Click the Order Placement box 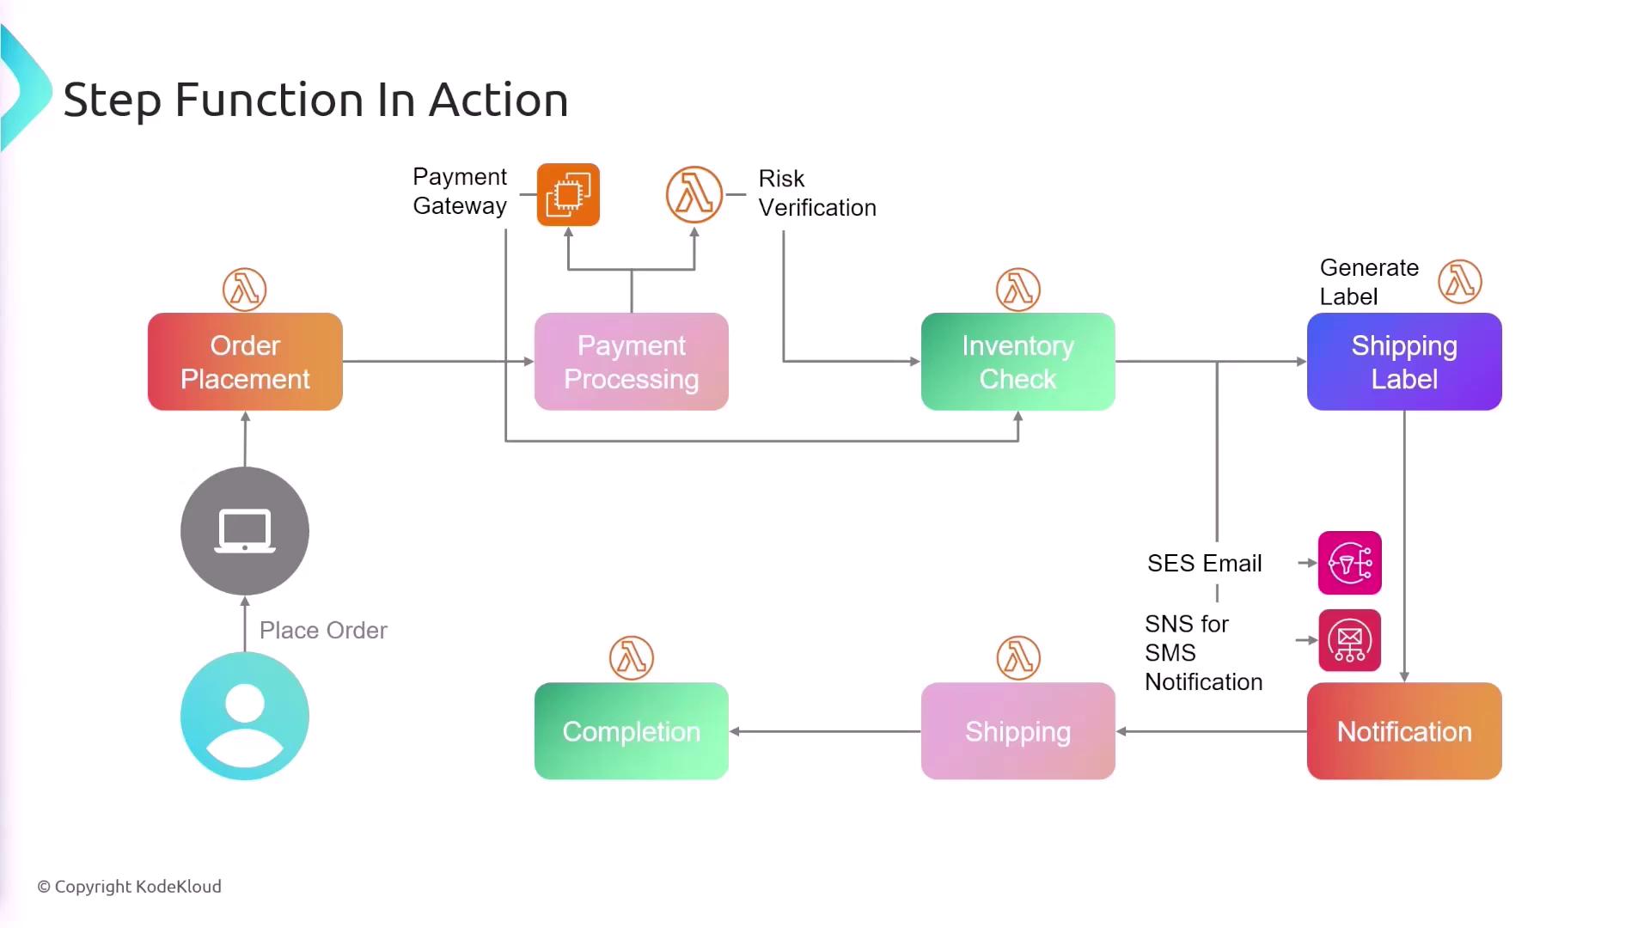[245, 362]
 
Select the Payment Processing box [632, 362]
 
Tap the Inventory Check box [1017, 362]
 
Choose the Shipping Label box [1404, 362]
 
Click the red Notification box [1404, 731]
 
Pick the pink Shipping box [1017, 731]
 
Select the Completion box [632, 731]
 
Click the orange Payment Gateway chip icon [568, 195]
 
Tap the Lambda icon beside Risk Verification [694, 194]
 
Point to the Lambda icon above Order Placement [245, 290]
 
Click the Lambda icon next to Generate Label [1460, 282]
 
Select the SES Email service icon [1349, 563]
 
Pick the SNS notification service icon [1349, 640]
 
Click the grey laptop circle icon [245, 531]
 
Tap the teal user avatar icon [245, 716]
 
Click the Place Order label [323, 631]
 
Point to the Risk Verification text [816, 193]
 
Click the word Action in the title [498, 100]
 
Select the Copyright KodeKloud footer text [129, 886]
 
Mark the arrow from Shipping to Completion [825, 731]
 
